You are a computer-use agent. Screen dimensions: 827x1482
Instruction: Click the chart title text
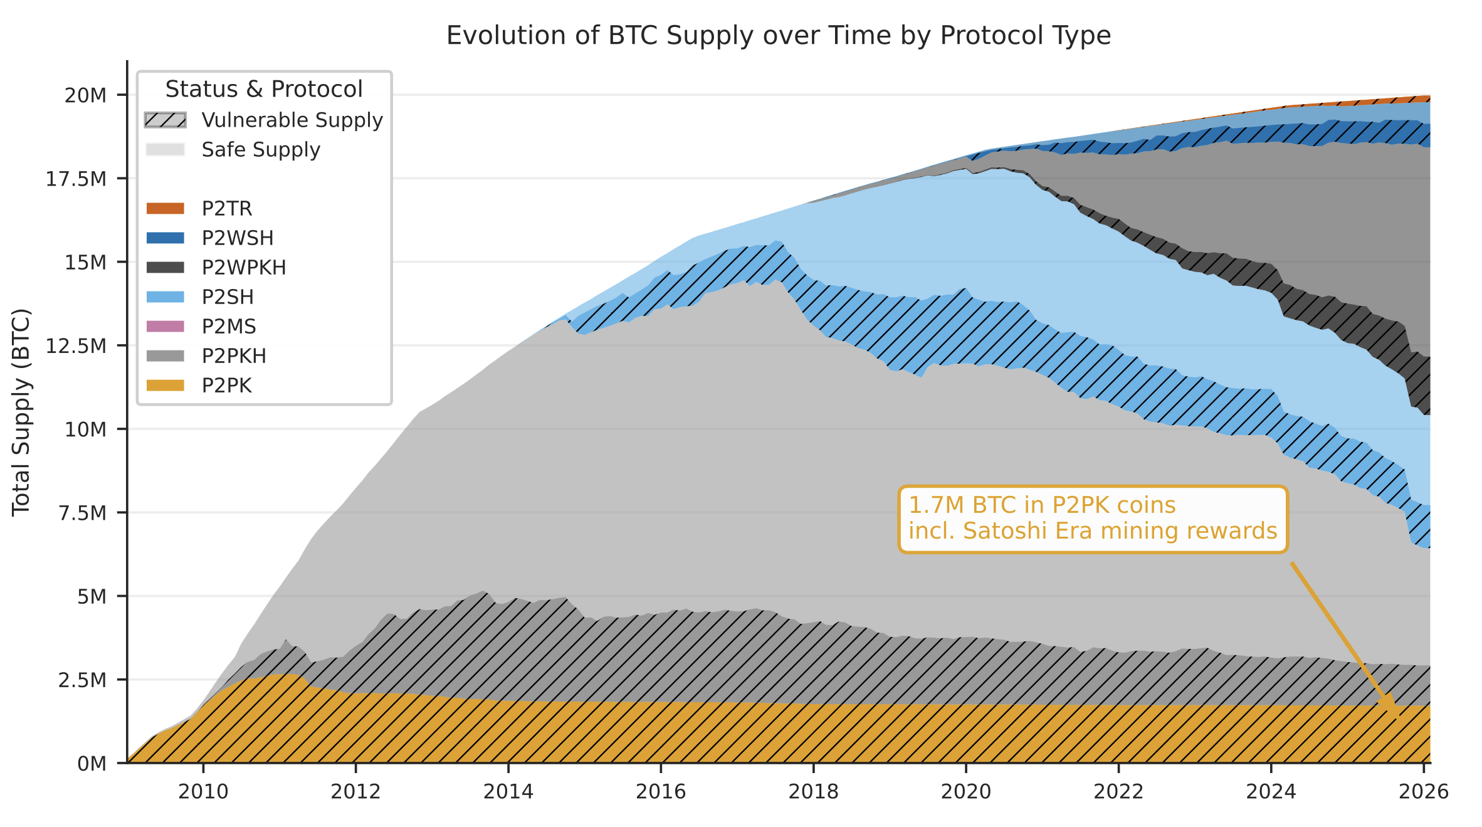pos(778,36)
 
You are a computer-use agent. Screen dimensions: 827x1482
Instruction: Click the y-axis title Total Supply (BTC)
pos(21,412)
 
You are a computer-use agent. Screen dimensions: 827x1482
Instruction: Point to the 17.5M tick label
pos(76,179)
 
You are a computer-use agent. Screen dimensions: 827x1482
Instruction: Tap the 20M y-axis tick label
pos(85,96)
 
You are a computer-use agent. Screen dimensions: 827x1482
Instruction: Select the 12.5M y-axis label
pos(76,346)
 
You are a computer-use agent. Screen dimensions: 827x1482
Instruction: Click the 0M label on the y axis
pos(92,764)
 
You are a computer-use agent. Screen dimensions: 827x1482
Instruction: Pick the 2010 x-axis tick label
pos(203,792)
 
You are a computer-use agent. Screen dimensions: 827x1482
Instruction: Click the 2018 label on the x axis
pos(813,792)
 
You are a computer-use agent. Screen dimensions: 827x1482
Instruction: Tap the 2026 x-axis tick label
pos(1423,792)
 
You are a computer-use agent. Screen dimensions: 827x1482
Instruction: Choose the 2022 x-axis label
pos(1118,792)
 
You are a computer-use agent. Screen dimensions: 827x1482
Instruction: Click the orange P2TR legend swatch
pos(166,209)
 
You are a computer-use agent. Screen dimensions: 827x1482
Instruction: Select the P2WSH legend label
pos(238,238)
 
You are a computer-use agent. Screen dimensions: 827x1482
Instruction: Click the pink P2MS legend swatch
pos(166,327)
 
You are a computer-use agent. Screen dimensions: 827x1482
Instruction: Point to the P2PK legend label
pos(226,386)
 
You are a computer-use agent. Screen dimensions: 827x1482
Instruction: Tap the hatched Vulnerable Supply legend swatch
pos(166,120)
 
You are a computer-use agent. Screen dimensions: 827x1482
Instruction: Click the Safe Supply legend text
pos(261,150)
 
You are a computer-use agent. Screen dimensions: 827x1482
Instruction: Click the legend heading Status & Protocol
pos(264,90)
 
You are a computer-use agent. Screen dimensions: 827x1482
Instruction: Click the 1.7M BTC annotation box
pos(1092,519)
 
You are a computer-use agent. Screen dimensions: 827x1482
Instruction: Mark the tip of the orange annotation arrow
pos(1397,716)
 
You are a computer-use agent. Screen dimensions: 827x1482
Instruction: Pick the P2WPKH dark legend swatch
pos(166,268)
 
